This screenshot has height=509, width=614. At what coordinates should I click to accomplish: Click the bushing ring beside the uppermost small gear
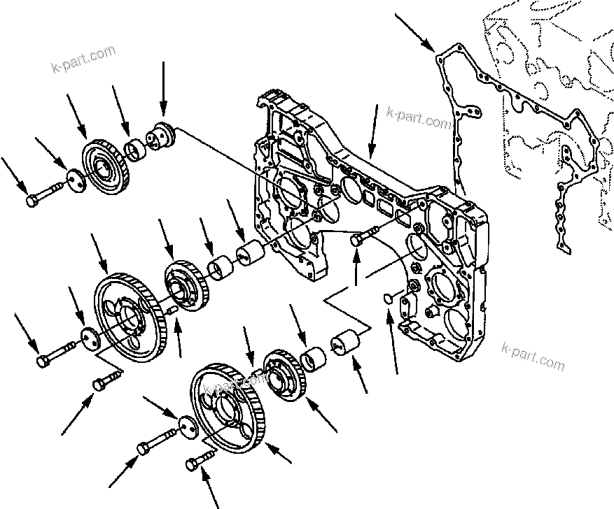coord(134,149)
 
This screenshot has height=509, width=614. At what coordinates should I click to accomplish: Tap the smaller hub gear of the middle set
coord(186,287)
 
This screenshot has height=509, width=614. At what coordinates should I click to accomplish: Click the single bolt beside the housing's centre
coord(360,238)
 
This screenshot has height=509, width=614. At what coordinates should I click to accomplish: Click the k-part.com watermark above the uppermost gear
coord(83,59)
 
